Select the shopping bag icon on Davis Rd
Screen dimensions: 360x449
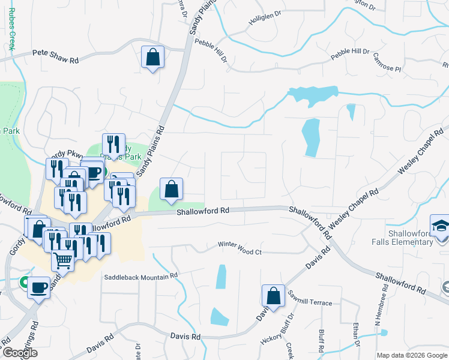[x=273, y=296]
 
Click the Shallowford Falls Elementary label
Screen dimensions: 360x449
[x=411, y=238]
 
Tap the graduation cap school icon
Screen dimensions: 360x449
[x=440, y=227]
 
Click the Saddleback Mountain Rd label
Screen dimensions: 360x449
[x=141, y=276]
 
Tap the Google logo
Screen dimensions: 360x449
[x=20, y=353]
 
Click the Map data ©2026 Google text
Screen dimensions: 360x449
[x=411, y=355]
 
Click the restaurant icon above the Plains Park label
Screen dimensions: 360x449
[x=113, y=145]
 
